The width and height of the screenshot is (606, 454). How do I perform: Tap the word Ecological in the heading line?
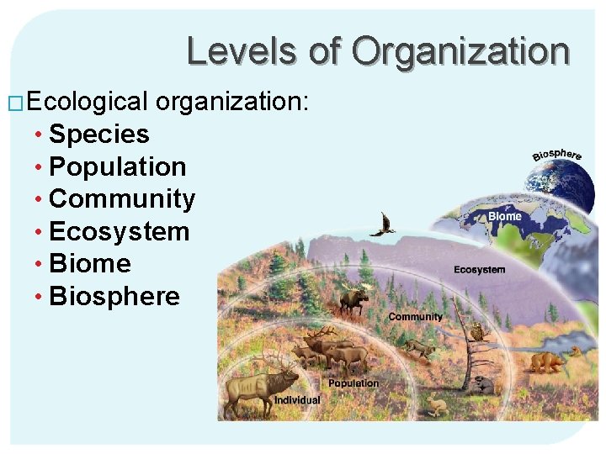point(88,103)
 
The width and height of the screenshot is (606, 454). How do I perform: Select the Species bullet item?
point(99,135)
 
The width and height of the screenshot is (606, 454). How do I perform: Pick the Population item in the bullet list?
point(118,166)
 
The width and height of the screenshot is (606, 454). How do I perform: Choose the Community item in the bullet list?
point(122,199)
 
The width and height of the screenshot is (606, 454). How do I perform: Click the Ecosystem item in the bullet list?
point(120,231)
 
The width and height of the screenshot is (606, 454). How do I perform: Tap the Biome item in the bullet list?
point(90,263)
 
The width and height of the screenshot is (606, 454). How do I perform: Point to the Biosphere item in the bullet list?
point(114,296)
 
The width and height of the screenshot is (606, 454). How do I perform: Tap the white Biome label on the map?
point(505,216)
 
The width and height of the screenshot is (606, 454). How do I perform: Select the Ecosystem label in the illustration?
point(479,270)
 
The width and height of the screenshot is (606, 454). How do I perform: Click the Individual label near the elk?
point(297,400)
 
